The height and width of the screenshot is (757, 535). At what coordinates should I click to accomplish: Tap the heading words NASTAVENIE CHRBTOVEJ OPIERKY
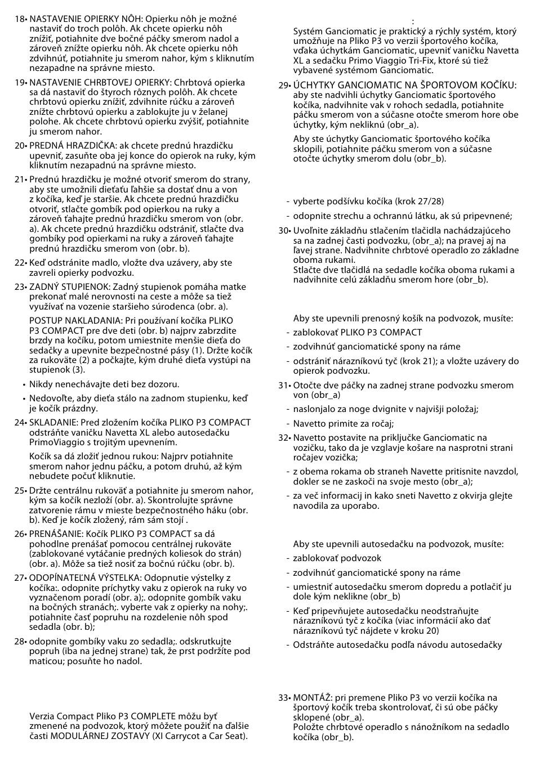(x=97, y=82)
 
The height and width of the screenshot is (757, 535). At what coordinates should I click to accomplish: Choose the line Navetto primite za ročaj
(x=343, y=424)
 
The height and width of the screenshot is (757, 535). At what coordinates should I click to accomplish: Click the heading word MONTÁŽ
(x=311, y=698)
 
